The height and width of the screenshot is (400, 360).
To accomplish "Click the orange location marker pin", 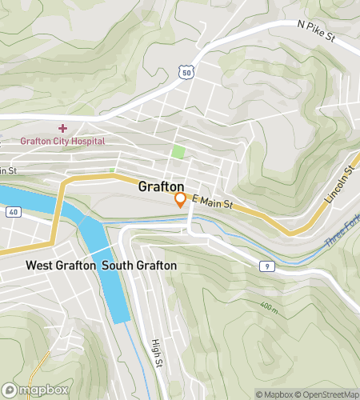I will pos(181,199).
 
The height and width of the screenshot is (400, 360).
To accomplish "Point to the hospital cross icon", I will pos(62,128).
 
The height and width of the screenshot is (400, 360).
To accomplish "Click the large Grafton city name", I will pos(162,186).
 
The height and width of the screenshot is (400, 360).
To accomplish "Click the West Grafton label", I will pos(61,265).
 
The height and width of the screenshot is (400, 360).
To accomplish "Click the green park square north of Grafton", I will pos(178,151).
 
